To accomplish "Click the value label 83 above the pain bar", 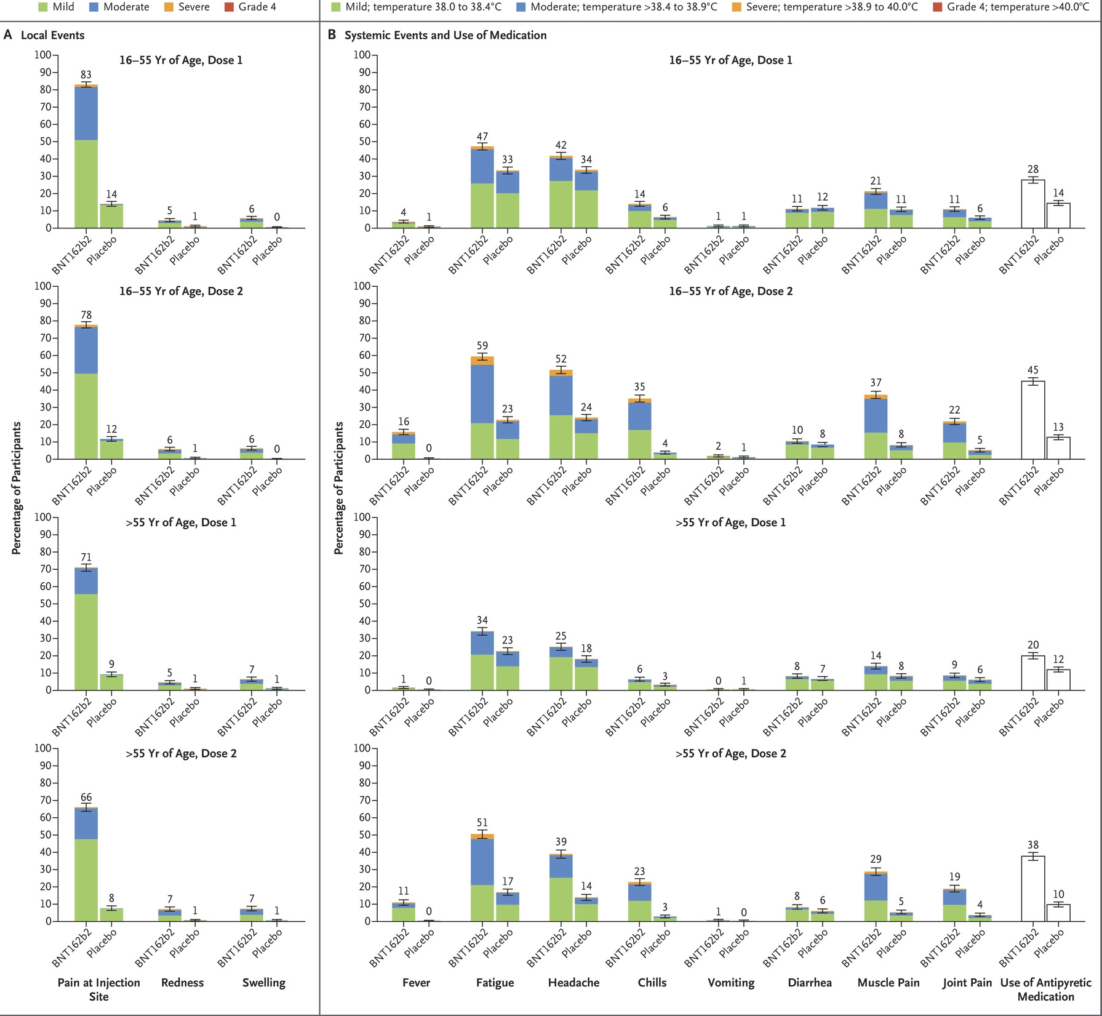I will (86, 75).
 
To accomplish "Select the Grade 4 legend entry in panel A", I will (251, 7).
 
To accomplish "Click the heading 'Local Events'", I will (52, 35).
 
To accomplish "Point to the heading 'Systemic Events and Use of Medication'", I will (445, 35).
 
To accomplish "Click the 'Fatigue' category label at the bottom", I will (495, 982).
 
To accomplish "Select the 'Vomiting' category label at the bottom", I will (731, 982).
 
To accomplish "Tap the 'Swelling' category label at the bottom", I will (264, 982).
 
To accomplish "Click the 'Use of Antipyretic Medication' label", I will (1045, 989).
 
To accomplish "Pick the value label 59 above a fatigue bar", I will (482, 346).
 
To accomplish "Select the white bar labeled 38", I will (1033, 889).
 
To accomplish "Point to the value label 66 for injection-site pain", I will (86, 798).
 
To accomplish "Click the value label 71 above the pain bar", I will (86, 558).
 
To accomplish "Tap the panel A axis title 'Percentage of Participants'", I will (17, 488).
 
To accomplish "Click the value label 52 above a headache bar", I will (561, 359).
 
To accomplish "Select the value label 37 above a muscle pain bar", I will (876, 383).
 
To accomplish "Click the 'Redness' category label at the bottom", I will (182, 982).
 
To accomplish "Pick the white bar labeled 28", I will (1033, 204).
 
